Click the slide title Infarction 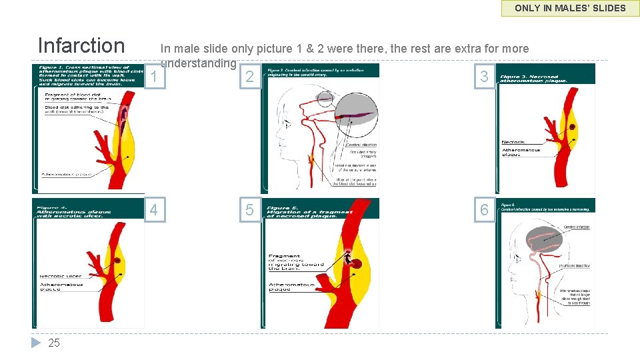81,45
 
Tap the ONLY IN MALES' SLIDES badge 570,8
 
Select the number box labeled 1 154,77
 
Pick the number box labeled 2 249,77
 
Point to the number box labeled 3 484,77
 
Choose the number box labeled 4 154,210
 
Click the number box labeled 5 249,210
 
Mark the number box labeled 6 484,210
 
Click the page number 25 54,343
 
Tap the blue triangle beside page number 37,343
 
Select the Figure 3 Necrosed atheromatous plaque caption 533,78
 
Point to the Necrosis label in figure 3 513,142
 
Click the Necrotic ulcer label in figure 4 61,276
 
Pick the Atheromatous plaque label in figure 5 292,287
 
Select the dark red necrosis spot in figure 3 572,127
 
